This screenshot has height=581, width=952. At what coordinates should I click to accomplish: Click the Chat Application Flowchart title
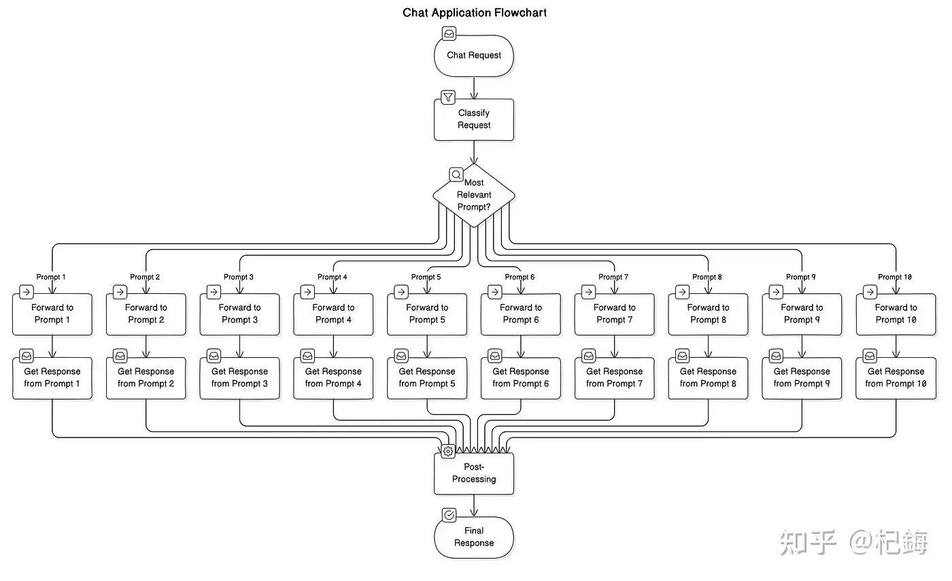click(475, 13)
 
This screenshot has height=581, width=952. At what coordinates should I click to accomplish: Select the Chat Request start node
click(474, 55)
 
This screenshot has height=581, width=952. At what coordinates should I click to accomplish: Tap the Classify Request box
click(474, 120)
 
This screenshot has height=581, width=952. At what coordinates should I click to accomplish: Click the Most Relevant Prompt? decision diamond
click(474, 195)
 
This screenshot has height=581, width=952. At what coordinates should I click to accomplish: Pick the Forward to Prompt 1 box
click(52, 314)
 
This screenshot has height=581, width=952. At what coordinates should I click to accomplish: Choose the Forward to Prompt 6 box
click(521, 314)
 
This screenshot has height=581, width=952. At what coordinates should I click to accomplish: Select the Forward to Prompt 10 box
click(896, 314)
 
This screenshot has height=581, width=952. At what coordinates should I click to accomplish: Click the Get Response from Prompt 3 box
click(239, 378)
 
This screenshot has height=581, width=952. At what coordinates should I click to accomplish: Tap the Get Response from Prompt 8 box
click(708, 378)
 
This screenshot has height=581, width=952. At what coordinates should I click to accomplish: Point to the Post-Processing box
click(474, 474)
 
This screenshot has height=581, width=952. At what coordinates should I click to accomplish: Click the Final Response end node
click(474, 537)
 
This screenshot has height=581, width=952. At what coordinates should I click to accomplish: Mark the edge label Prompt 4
click(333, 277)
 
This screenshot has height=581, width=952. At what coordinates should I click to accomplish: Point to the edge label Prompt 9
click(801, 277)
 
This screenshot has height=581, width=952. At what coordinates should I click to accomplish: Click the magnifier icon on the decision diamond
click(456, 175)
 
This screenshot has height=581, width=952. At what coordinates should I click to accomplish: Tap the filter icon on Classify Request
click(448, 97)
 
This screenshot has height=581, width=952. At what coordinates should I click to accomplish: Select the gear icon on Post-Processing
click(448, 451)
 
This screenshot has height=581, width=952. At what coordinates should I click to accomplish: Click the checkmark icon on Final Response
click(449, 515)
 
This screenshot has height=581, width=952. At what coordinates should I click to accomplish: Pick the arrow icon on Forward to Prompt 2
click(120, 292)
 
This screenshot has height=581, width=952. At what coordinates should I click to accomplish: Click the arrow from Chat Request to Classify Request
click(474, 87)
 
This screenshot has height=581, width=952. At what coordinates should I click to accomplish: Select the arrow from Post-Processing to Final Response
click(474, 505)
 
